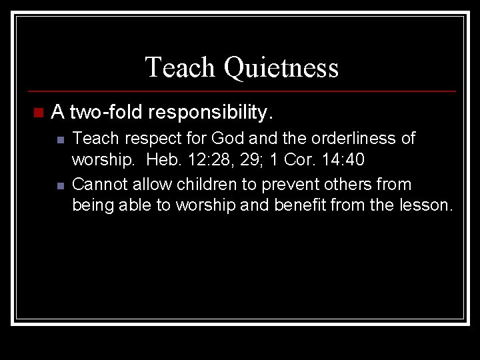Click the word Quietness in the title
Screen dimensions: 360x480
(281, 67)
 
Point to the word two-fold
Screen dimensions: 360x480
(107, 111)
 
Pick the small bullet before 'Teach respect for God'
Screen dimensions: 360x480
(59, 140)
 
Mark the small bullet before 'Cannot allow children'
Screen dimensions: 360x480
(59, 185)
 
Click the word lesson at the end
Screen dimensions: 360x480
(427, 206)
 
